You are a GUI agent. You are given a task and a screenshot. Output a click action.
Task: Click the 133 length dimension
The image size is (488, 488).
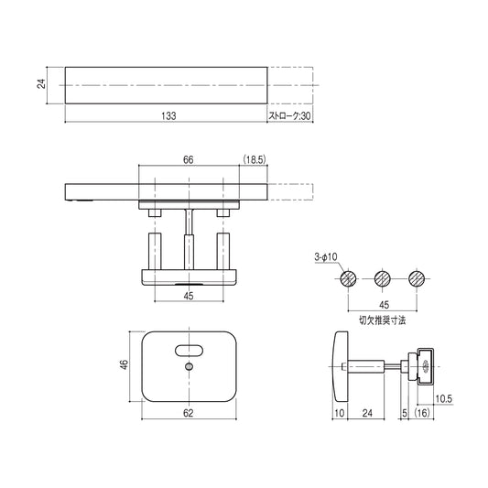pyautogui.click(x=167, y=116)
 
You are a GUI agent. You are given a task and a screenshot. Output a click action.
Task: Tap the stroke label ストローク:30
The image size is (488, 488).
pyautogui.click(x=290, y=116)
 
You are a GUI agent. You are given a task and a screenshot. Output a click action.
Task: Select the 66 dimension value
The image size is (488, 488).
pyautogui.click(x=188, y=159)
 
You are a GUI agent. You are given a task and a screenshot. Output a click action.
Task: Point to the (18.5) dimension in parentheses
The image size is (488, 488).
pyautogui.click(x=255, y=159)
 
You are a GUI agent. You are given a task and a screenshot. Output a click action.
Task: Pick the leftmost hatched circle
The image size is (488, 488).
pyautogui.click(x=347, y=278)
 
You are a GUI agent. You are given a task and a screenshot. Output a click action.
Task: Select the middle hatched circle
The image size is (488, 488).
pyautogui.click(x=382, y=278)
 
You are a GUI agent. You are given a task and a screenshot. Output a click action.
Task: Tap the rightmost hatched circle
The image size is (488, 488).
pyautogui.click(x=417, y=278)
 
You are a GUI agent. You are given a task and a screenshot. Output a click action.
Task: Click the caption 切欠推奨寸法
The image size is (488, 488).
pyautogui.click(x=382, y=321)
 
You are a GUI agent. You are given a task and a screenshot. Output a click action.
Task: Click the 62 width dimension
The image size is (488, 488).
pyautogui.click(x=188, y=414)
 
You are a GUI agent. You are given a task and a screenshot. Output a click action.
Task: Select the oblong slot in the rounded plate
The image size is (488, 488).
pyautogui.click(x=189, y=348)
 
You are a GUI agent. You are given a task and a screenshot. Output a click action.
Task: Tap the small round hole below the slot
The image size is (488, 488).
pyautogui.click(x=188, y=367)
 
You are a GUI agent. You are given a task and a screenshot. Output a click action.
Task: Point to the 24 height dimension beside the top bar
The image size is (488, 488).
pyautogui.click(x=41, y=84)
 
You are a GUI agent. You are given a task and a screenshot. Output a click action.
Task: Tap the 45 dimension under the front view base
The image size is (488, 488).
pyautogui.click(x=188, y=296)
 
